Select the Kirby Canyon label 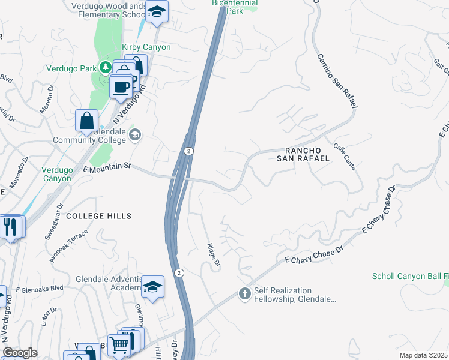146,47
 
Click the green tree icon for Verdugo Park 106,67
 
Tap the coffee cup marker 121,87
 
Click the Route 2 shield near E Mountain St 188,151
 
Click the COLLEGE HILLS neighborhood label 98,215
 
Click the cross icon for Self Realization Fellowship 244,293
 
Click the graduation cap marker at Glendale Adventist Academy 153,286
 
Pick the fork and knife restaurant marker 11,226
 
